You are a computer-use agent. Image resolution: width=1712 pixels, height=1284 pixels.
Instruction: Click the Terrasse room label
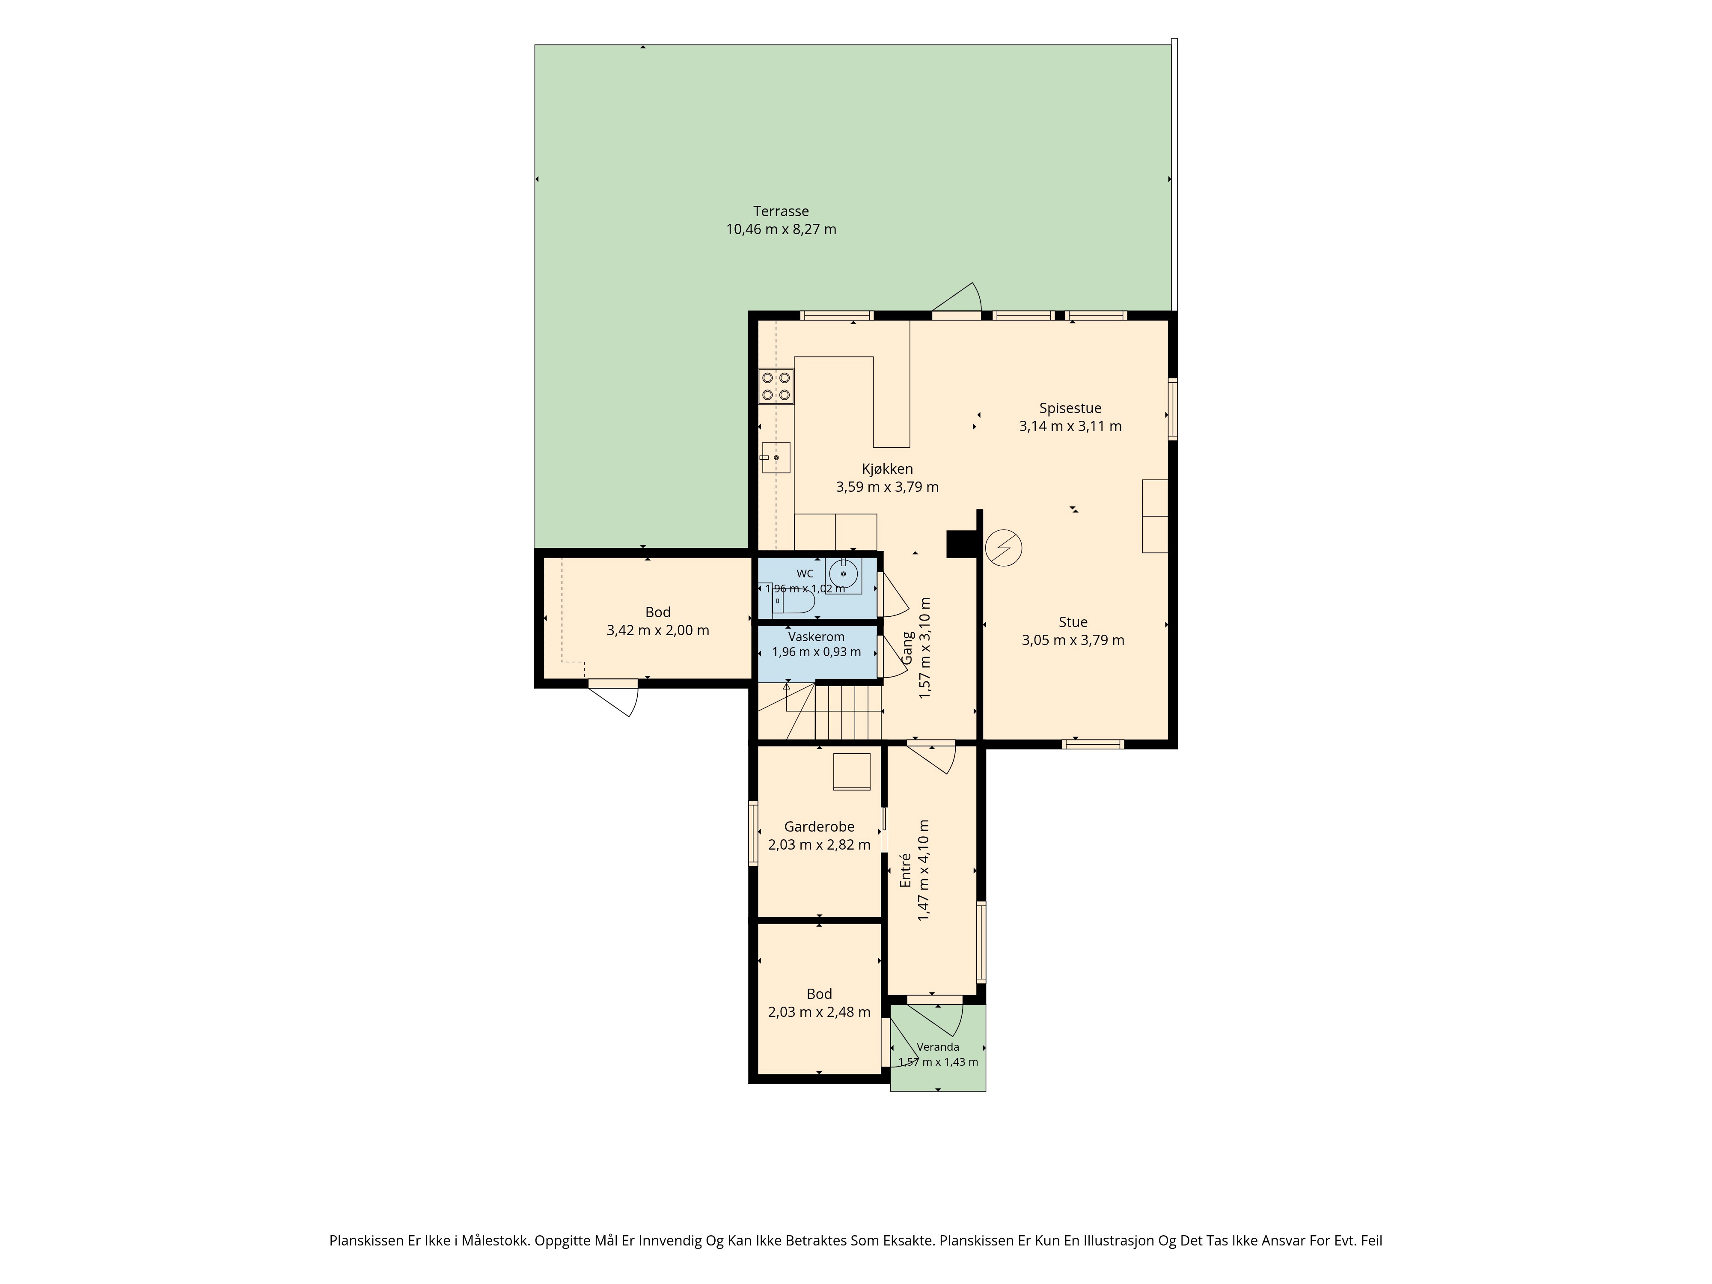pyautogui.click(x=781, y=211)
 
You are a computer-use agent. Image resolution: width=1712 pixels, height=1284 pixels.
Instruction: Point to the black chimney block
pyautogui.click(x=961, y=543)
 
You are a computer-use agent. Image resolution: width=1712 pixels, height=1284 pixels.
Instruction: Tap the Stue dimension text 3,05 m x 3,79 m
pyautogui.click(x=1073, y=640)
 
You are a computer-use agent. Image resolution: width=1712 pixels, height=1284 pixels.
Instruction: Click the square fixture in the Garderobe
pyautogui.click(x=852, y=772)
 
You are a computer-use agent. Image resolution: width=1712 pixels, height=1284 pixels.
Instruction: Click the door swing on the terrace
pyautogui.click(x=957, y=298)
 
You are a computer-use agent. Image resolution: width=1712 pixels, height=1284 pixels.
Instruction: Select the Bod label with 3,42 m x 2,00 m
pyautogui.click(x=658, y=612)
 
